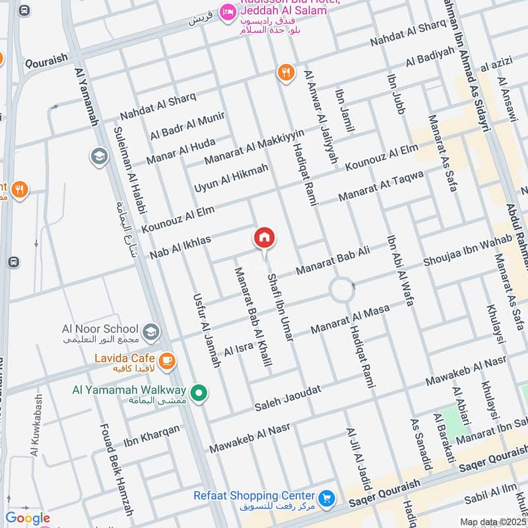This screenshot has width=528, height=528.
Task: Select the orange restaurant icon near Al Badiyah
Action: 286,73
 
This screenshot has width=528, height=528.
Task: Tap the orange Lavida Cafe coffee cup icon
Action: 168,360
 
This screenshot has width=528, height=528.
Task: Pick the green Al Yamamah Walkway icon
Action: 200,395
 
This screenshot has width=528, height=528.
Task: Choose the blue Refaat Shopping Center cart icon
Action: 325,497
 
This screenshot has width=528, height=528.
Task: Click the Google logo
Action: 27,518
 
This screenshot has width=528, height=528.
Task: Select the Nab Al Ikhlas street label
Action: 180,246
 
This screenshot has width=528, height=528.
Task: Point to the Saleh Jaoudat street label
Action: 288,398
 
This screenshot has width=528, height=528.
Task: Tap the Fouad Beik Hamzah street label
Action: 115,469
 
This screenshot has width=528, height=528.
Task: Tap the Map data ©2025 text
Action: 492,521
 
